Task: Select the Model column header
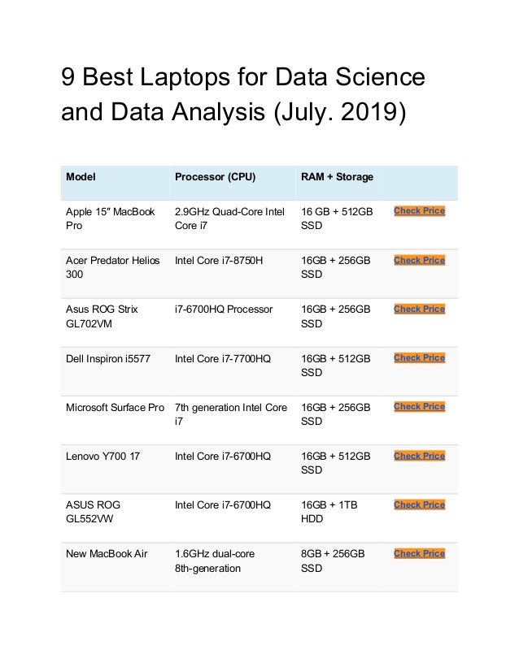pos(80,176)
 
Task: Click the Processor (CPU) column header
pos(215,176)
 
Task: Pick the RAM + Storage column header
pos(337,176)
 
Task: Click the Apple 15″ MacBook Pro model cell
pos(110,219)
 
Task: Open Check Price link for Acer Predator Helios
pos(419,260)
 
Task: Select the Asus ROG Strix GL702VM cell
pos(102,316)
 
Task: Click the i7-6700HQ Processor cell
pos(224,309)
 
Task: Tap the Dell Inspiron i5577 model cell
pos(107,357)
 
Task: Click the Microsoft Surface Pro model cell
pos(115,406)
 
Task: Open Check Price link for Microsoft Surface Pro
pos(419,406)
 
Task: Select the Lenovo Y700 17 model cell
pos(102,456)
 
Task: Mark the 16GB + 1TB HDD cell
pos(329,512)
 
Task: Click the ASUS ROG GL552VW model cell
pos(94,512)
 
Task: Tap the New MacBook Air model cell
pos(107,553)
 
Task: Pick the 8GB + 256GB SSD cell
pos(333,561)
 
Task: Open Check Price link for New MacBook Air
pos(419,553)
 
